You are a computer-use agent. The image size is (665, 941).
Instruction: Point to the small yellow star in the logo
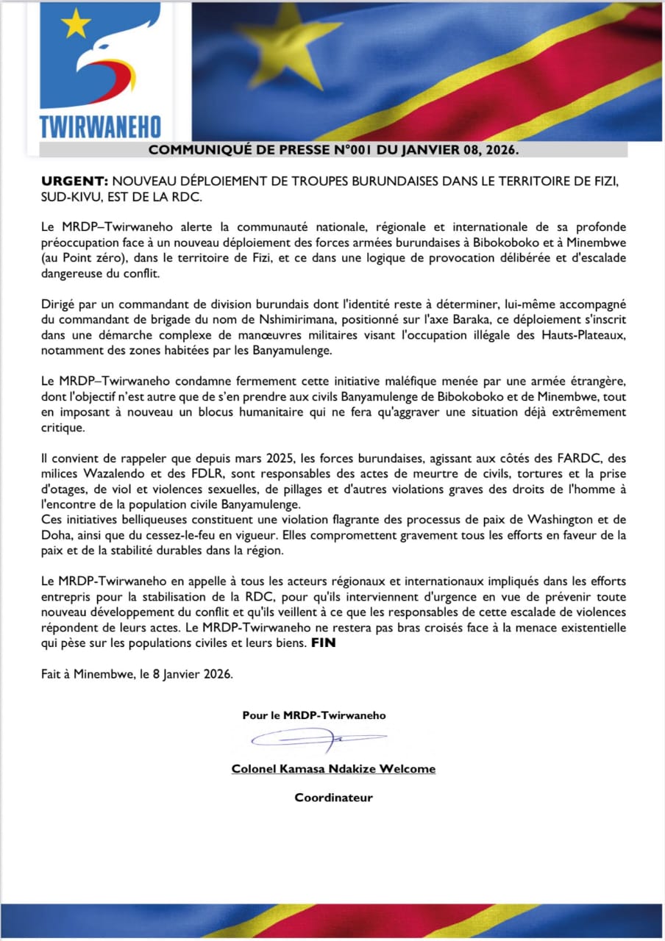[75, 26]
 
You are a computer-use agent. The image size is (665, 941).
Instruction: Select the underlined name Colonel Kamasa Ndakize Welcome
[333, 769]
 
